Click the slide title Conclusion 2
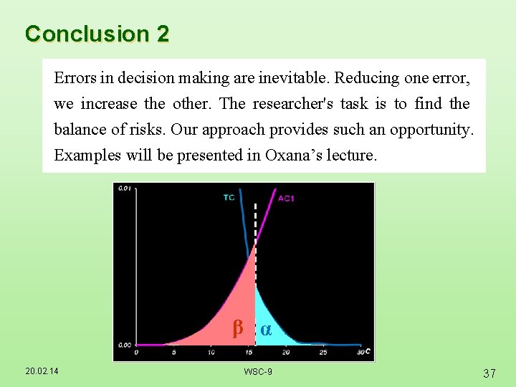97,34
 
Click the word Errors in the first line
73,77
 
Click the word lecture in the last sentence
350,156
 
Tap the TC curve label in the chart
229,197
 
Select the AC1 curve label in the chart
286,199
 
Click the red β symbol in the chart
238,329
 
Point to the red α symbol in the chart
266,329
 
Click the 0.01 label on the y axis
124,188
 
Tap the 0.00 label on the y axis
124,345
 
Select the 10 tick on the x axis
211,353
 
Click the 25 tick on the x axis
322,353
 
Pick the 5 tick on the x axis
174,353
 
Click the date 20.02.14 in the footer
42,371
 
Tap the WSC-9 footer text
257,371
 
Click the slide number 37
489,373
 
